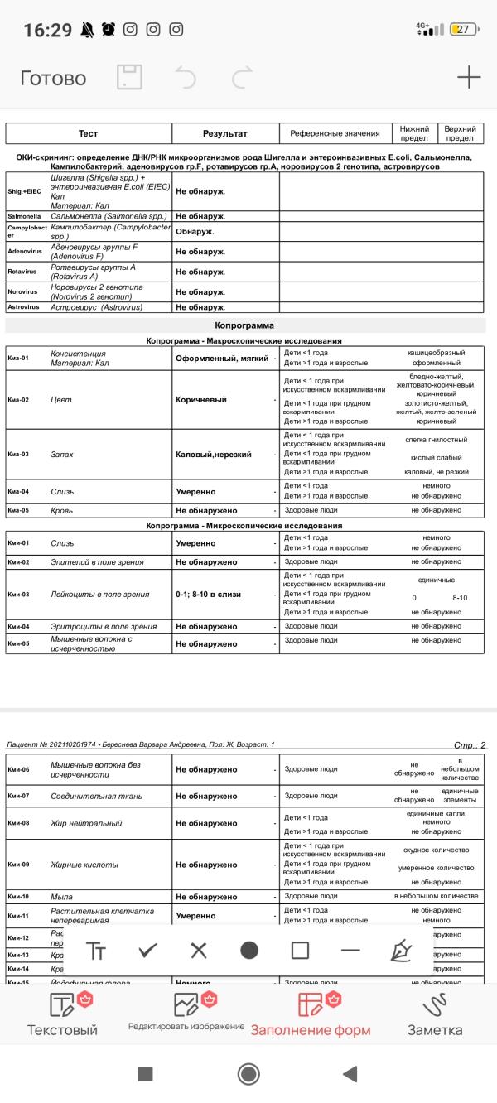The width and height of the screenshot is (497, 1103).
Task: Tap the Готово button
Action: click(53, 79)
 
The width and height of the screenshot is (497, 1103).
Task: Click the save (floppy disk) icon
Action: click(129, 78)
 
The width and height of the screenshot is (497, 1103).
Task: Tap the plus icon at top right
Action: click(469, 78)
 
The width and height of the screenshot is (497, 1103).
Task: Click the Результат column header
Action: click(224, 133)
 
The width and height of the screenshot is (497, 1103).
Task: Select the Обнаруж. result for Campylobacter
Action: click(195, 230)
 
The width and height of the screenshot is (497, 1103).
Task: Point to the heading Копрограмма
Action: click(244, 325)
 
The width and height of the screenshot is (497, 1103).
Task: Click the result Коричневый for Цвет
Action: click(199, 400)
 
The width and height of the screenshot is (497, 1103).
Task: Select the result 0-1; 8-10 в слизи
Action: click(214, 594)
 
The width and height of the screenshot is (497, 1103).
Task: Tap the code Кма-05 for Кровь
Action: click(18, 510)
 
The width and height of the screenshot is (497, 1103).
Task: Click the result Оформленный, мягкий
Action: click(222, 359)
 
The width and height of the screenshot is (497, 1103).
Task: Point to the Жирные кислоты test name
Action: click(84, 865)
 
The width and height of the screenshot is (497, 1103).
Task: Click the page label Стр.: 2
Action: click(470, 745)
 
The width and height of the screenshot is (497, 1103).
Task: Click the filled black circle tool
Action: click(249, 950)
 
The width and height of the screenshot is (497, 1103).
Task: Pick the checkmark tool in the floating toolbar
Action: click(147, 950)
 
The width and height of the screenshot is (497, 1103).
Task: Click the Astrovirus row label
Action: click(24, 307)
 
